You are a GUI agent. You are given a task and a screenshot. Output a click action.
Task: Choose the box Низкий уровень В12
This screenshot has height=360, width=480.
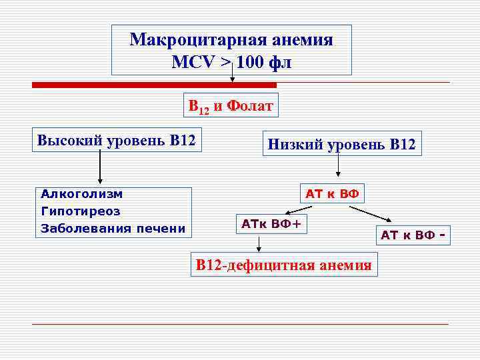341,143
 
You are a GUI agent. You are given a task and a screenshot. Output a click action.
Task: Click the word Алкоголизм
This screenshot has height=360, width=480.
81,194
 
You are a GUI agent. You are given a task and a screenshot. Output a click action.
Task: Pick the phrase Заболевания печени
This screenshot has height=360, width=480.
113,229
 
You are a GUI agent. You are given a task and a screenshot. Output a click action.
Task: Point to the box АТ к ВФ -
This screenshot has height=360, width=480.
412,235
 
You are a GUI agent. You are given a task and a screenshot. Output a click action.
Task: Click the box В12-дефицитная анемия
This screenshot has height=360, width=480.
283,264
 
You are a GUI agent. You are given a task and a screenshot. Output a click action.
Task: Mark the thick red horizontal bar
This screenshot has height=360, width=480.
154,85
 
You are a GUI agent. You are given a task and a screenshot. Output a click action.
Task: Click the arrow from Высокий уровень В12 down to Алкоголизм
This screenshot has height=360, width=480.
100,167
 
